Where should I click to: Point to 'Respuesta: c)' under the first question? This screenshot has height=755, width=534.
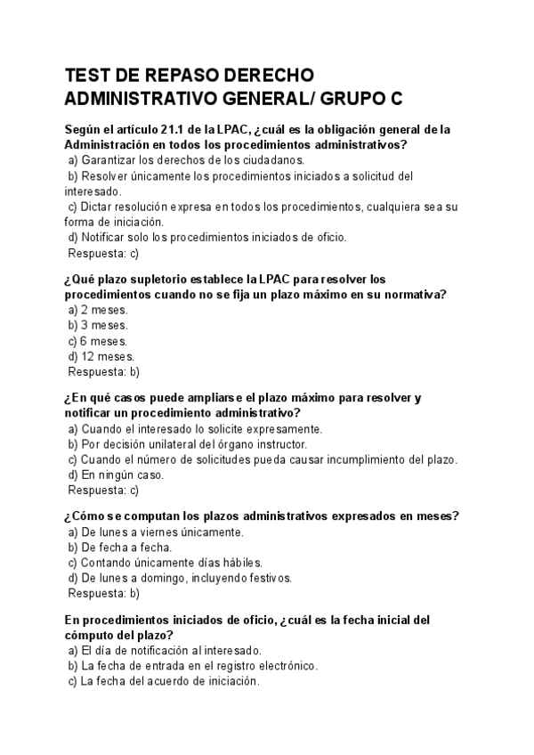pos(103,253)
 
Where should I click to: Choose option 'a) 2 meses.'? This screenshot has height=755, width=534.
pos(98,310)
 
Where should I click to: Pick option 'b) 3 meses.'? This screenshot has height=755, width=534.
pos(98,326)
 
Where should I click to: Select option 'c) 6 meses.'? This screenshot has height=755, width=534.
pos(98,341)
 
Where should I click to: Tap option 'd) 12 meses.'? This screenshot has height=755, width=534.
pos(101,357)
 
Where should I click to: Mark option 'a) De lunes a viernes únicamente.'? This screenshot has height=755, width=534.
pos(156,532)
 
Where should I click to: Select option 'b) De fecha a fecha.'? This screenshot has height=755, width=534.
pos(120,548)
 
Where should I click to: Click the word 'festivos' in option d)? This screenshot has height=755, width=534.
pos(269,579)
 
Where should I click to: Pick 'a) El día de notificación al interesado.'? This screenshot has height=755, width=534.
pos(165,651)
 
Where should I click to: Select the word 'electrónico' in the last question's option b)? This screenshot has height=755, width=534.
pos(287,666)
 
